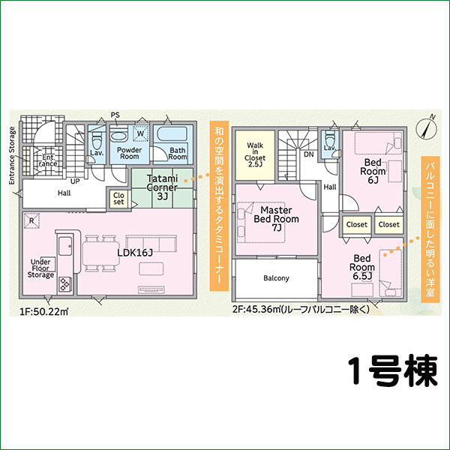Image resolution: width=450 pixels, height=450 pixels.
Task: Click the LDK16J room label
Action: click(135, 252)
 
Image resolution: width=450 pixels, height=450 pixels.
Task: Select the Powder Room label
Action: click(127, 153)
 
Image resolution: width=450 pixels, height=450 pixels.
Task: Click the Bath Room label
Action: click(178, 154)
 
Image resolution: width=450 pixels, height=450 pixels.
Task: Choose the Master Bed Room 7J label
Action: click(275, 218)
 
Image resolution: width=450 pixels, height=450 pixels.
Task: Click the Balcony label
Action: click(276, 278)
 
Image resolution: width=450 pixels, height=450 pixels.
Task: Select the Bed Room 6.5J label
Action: click(364, 266)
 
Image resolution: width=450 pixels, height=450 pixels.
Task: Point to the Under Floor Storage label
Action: click(42, 268)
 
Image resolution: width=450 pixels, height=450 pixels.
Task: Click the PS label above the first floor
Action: click(115, 115)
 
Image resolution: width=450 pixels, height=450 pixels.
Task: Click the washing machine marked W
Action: click(139, 135)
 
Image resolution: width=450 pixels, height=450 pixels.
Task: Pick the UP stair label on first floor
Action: click(75, 181)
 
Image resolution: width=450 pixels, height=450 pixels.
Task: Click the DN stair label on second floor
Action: click(307, 155)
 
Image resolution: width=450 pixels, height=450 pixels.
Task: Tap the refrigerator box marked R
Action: click(32, 220)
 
